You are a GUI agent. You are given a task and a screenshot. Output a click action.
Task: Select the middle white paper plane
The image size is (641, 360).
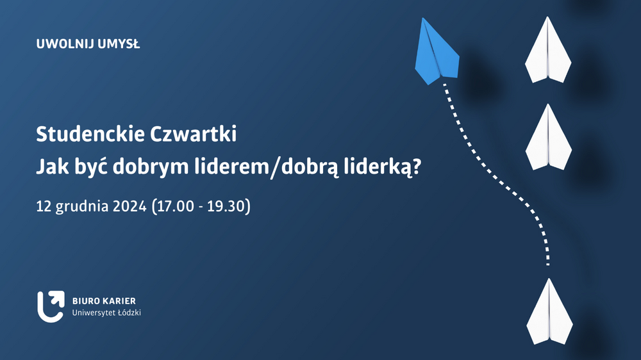pos(548,138)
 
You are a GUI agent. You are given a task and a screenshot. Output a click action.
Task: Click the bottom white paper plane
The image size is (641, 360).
pos(549,312)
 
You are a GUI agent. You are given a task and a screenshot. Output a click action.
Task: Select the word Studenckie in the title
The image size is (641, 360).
pos(90,134)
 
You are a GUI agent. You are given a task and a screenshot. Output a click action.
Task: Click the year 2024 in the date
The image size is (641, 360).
pos(129,206)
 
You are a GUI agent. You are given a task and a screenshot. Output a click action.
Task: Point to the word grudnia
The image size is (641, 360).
pos(82,207)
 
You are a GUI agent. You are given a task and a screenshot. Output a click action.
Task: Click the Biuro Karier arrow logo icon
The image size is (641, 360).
pos(51,306)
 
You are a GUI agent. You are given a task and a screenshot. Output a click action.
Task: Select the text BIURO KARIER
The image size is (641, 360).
pos(104,301)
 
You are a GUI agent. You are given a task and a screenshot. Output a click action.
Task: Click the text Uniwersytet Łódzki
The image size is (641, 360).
pos(106,313)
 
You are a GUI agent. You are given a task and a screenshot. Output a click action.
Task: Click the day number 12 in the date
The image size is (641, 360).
pos(44,206)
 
